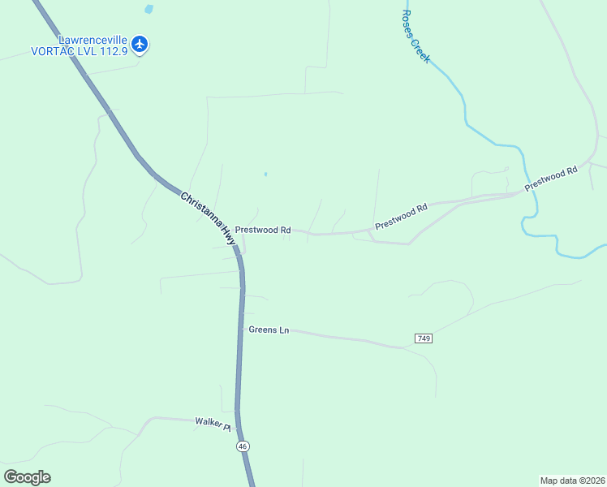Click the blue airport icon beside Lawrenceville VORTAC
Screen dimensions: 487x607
pyautogui.click(x=140, y=44)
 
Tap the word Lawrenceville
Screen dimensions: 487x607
pyautogui.click(x=92, y=39)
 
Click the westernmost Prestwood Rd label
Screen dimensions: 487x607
pyautogui.click(x=263, y=231)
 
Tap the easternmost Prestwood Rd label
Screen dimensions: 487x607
pyautogui.click(x=550, y=179)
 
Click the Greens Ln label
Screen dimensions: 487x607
pyautogui.click(x=268, y=330)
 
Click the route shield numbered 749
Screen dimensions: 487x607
pyautogui.click(x=423, y=338)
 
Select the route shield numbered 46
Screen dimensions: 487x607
pyautogui.click(x=242, y=446)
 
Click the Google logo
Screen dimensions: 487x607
pyautogui.click(x=27, y=477)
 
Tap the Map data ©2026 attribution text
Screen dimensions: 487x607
pyautogui.click(x=572, y=480)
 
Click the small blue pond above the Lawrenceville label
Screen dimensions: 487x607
pyautogui.click(x=148, y=10)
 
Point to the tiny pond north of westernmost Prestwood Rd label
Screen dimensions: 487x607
pyautogui.click(x=265, y=174)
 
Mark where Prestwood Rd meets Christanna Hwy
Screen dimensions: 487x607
pyautogui.click(x=236, y=245)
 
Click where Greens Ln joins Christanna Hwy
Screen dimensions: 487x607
pyautogui.click(x=242, y=330)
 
